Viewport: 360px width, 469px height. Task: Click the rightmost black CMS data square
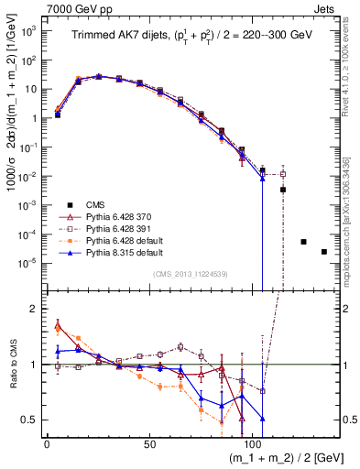[x=324, y=252]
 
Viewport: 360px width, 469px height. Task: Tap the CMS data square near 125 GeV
[x=303, y=242]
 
